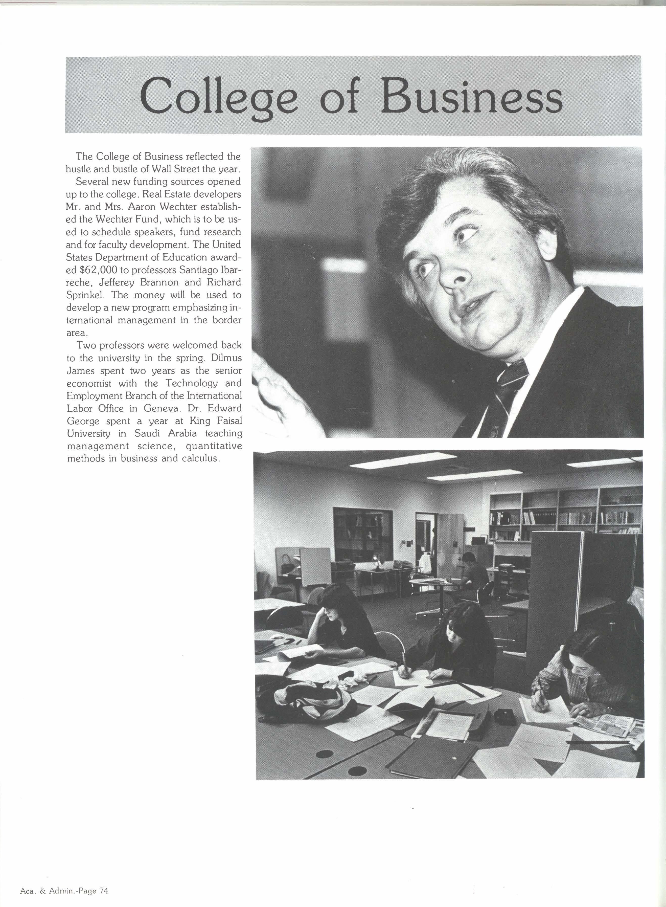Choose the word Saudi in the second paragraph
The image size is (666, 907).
pos(148,434)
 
